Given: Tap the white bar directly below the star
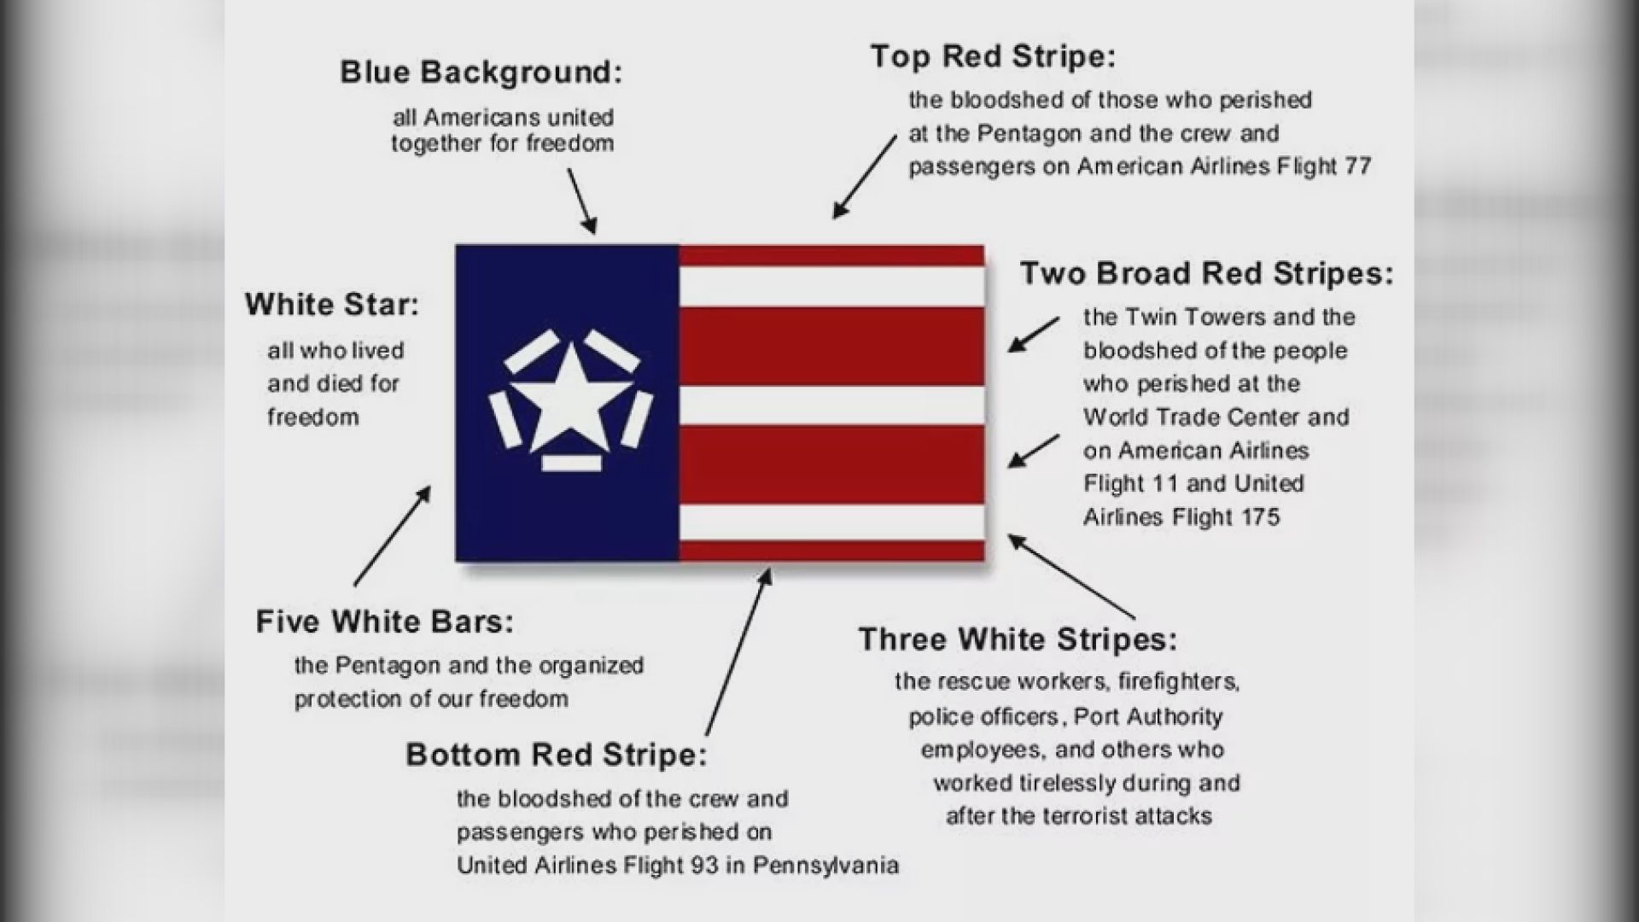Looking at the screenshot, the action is [571, 463].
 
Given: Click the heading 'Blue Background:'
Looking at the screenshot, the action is [481, 72].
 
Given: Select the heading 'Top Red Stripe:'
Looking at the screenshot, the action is [993, 56].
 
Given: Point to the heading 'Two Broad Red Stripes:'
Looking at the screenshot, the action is [1206, 273].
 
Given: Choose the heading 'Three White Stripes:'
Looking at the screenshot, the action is [1018, 639].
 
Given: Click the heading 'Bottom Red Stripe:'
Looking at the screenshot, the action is [557, 755].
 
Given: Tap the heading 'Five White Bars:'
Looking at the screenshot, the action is [385, 621].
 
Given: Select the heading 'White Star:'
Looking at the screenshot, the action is [332, 304].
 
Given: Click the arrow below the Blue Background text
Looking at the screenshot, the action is [581, 201].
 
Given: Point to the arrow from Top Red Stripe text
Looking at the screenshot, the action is [865, 177].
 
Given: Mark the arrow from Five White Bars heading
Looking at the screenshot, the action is [393, 536].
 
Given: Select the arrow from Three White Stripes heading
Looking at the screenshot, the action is [1072, 576].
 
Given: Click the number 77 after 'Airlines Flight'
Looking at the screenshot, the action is [1357, 166].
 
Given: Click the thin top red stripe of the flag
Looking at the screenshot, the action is [831, 255].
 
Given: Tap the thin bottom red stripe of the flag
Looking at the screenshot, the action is [831, 551].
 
